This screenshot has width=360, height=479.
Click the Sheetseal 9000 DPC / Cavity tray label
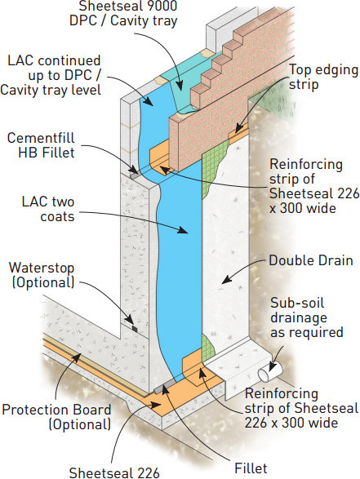[x=123, y=13]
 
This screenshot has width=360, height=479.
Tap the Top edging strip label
[x=323, y=77]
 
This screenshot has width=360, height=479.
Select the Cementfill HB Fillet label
[x=41, y=145]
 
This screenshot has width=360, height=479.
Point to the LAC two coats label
[x=48, y=209]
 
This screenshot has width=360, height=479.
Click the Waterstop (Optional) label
[x=42, y=275]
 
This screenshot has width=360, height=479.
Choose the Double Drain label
[x=311, y=260]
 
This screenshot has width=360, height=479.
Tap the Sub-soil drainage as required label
[x=306, y=317]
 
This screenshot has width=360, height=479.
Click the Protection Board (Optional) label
[x=56, y=417]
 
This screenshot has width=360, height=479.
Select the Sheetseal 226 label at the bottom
[x=114, y=472]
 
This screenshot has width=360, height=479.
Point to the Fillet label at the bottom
[x=251, y=468]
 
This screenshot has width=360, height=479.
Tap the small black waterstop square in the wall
[x=135, y=328]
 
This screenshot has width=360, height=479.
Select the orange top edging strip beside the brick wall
[x=239, y=135]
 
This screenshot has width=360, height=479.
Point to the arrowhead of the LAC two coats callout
[x=183, y=231]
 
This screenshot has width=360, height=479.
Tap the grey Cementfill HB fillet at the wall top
[x=135, y=175]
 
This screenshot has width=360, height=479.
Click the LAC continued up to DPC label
[x=51, y=75]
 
